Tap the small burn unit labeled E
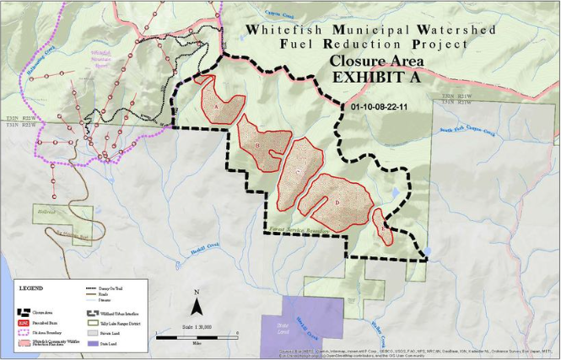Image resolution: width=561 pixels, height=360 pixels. (x=383, y=226)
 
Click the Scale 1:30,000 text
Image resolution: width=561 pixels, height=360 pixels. (x=197, y=325)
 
